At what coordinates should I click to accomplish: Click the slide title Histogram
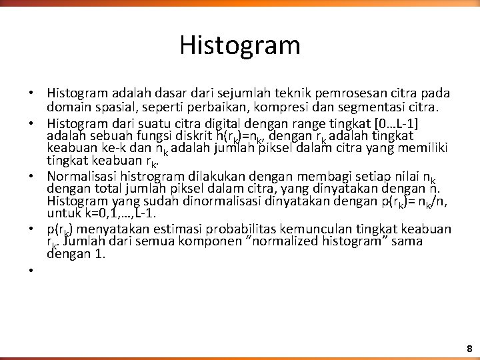pyautogui.click(x=240, y=46)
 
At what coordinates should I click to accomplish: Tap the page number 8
pyautogui.click(x=469, y=348)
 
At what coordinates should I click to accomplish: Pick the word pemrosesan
pyautogui.click(x=339, y=93)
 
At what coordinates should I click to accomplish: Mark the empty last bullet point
pyautogui.click(x=31, y=270)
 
